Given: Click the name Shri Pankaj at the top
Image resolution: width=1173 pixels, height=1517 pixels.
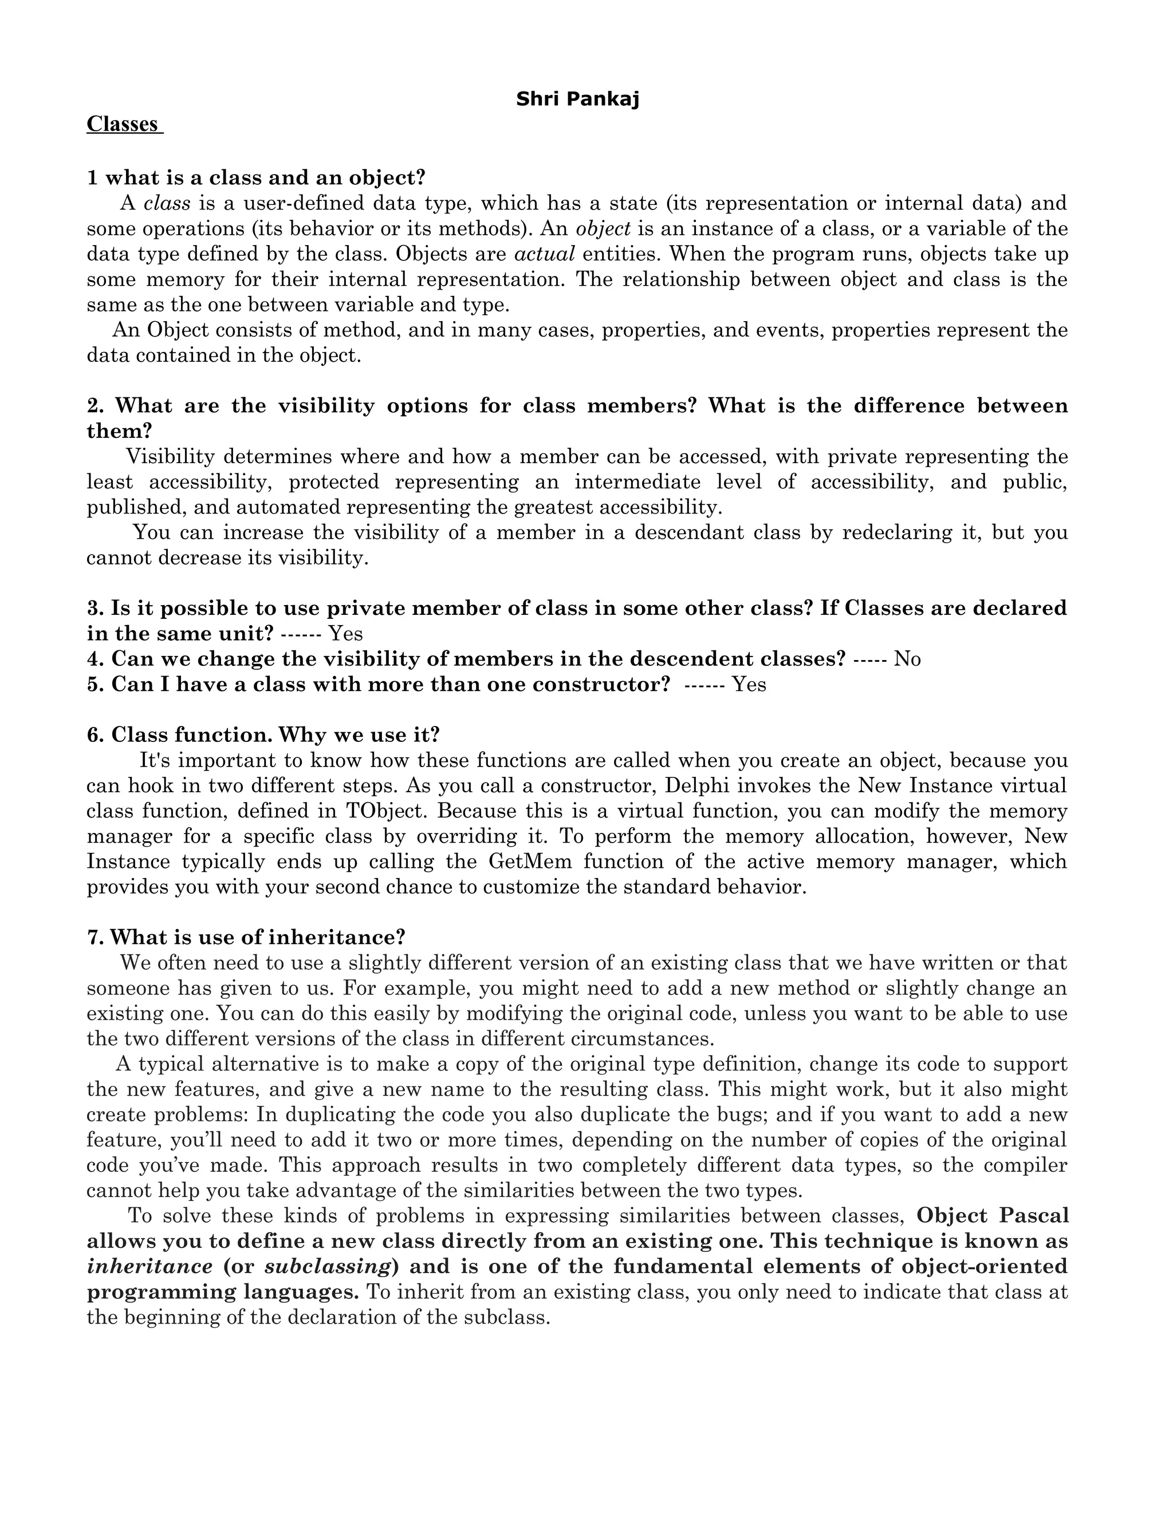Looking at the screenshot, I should [x=577, y=100].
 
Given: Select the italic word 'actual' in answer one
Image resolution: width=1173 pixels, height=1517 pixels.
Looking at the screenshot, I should [x=544, y=254].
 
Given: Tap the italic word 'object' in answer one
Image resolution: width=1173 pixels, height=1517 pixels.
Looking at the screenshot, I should [x=603, y=228].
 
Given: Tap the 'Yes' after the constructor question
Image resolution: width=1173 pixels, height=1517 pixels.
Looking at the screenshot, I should [x=749, y=684].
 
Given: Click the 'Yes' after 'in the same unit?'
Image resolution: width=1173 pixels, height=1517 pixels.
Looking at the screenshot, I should [x=345, y=634].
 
